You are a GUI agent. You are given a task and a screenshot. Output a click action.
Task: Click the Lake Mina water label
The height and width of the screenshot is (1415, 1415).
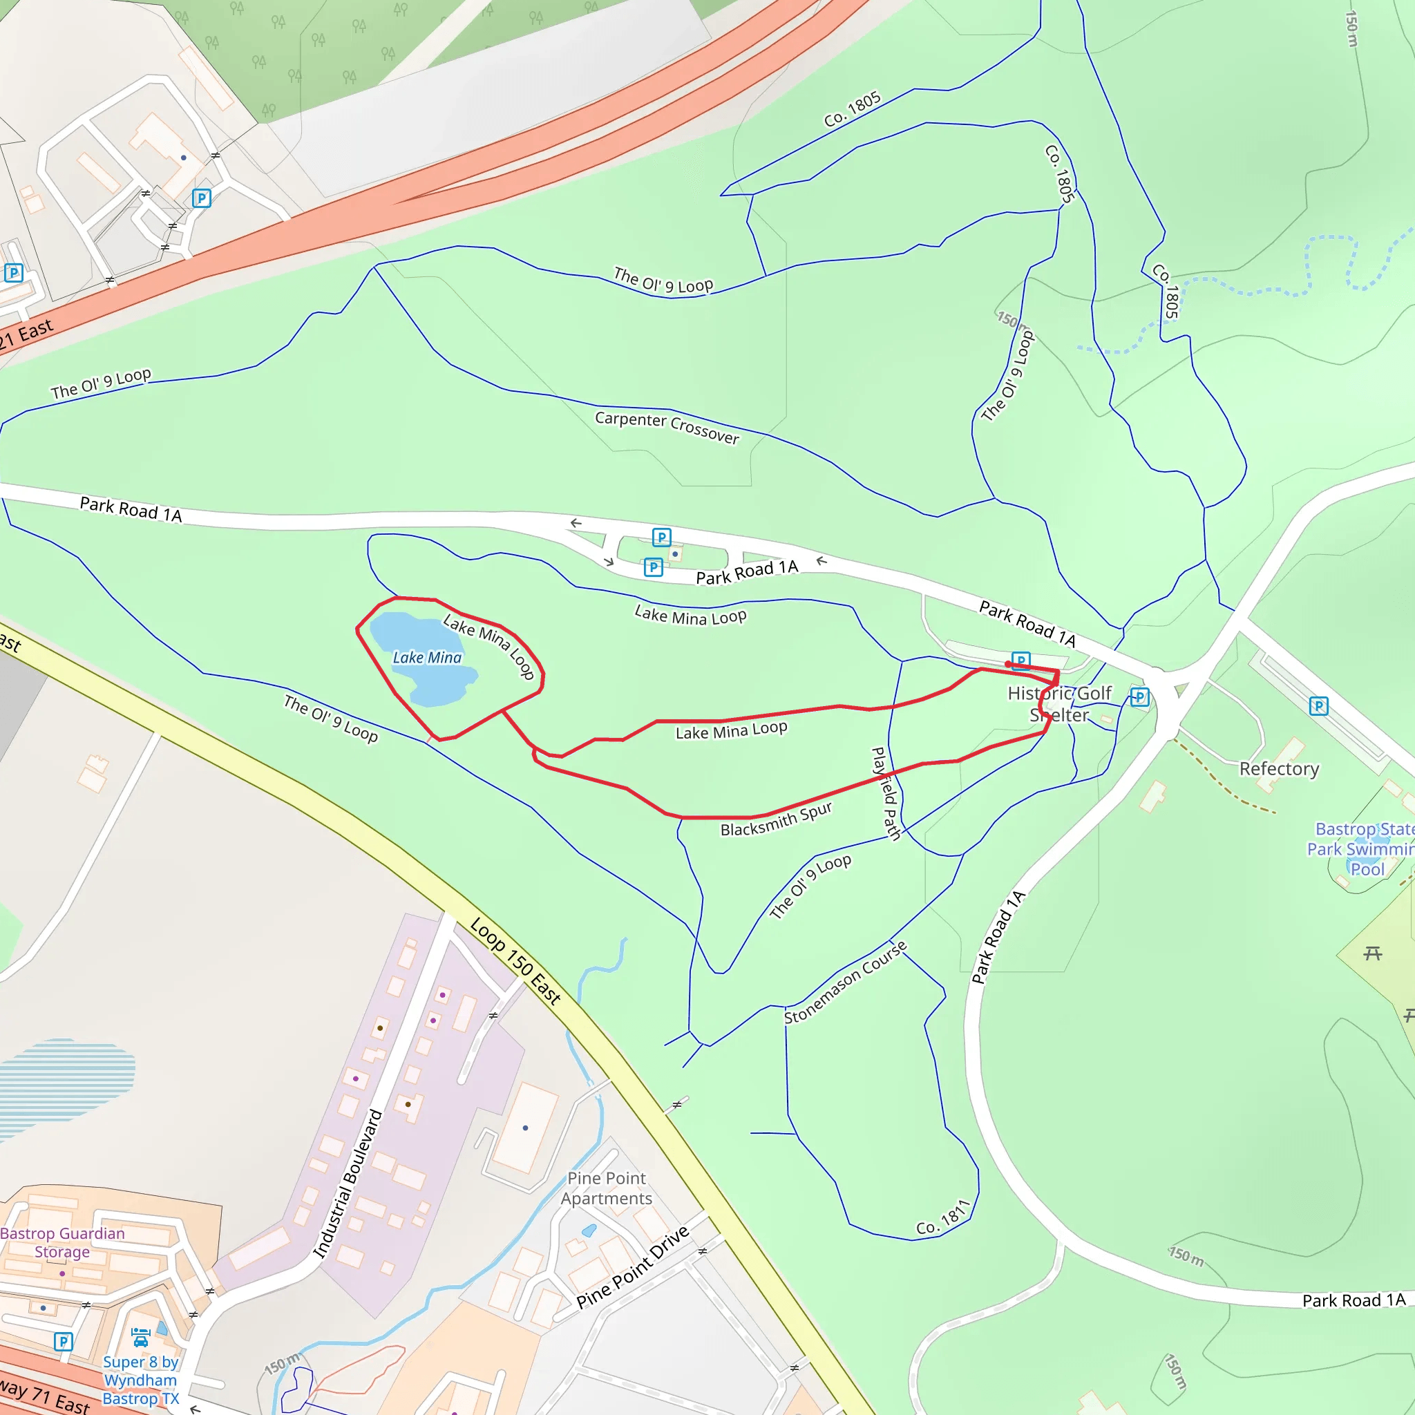pyautogui.click(x=427, y=658)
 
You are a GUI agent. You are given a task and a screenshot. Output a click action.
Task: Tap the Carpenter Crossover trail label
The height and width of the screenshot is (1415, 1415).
pyautogui.click(x=667, y=428)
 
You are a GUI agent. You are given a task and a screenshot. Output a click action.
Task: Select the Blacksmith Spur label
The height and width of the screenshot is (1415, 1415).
pyautogui.click(x=777, y=819)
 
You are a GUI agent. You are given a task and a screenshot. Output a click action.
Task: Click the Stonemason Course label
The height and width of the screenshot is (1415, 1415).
pyautogui.click(x=845, y=982)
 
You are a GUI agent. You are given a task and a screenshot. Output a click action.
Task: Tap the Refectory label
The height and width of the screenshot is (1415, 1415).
pyautogui.click(x=1279, y=769)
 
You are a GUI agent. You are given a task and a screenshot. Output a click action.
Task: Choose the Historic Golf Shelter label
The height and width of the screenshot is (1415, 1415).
pyautogui.click(x=1059, y=704)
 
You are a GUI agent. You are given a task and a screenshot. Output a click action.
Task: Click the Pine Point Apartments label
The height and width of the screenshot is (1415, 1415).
pyautogui.click(x=607, y=1188)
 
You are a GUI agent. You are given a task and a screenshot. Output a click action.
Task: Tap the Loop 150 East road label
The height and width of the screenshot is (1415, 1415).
pyautogui.click(x=515, y=960)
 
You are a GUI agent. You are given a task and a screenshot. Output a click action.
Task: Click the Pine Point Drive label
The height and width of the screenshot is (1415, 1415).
pyautogui.click(x=633, y=1267)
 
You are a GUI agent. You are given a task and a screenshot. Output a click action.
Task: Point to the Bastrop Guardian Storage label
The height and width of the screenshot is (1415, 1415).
pyautogui.click(x=62, y=1242)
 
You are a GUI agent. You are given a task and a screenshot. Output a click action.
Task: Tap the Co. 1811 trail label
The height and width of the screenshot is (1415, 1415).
pyautogui.click(x=943, y=1218)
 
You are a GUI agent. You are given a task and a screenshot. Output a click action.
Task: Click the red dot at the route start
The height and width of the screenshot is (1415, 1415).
pyautogui.click(x=1009, y=664)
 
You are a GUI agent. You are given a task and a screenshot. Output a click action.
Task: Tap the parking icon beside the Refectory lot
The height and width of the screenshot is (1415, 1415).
pyautogui.click(x=1318, y=706)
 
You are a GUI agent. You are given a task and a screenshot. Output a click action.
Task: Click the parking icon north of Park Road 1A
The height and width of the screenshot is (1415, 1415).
pyautogui.click(x=661, y=538)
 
